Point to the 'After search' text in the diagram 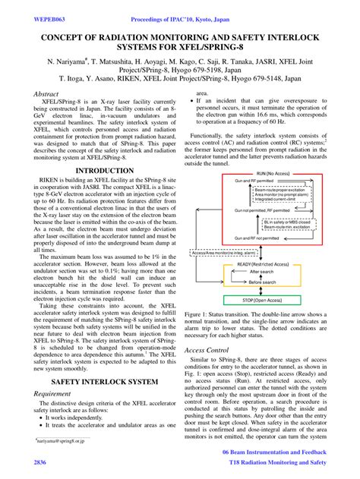[x=261, y=271]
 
